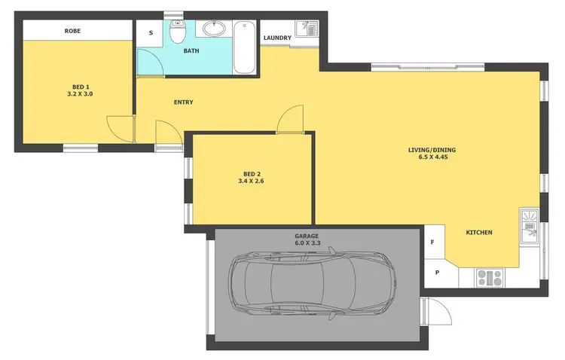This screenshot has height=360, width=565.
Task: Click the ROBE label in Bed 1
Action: (72, 31)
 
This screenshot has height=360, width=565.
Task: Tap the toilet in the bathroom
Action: (177, 33)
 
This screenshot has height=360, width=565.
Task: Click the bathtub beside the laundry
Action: (246, 48)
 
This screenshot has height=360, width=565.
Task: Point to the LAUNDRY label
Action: (276, 38)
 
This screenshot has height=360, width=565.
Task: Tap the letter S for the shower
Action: (151, 33)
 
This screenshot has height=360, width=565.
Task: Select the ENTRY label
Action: (183, 102)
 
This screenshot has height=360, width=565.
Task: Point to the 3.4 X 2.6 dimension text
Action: (252, 182)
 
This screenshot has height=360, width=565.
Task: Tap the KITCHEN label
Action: (478, 233)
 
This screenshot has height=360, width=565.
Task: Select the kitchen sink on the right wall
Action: (529, 225)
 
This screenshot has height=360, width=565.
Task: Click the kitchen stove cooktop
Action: (490, 278)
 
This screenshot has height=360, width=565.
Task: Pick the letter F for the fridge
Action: (432, 243)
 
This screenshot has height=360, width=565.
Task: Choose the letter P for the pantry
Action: (436, 273)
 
